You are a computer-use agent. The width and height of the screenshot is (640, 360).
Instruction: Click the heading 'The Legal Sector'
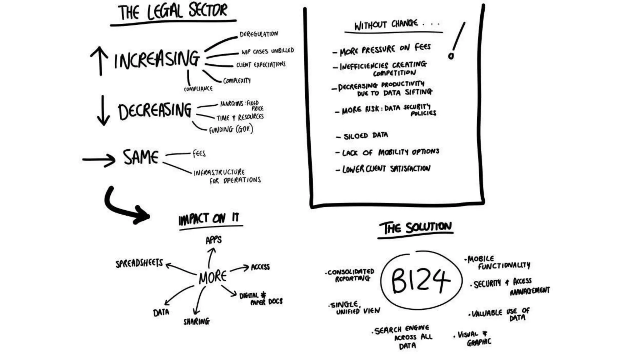[173, 12]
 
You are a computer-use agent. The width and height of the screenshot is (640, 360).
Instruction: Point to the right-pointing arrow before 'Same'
[99, 160]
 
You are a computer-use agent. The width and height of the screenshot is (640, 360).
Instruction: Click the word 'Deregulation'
[258, 34]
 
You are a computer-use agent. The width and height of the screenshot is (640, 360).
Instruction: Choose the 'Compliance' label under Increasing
[198, 89]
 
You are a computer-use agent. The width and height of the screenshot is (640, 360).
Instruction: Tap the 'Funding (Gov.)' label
[231, 129]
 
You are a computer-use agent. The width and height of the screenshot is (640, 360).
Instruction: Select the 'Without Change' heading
[386, 25]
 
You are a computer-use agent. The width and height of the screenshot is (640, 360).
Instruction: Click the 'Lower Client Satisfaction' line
[386, 169]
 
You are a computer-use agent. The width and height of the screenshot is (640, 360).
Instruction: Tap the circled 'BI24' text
[421, 280]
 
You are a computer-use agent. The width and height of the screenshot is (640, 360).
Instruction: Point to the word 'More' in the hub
[212, 277]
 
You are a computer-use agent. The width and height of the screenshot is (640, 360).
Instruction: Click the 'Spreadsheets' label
[139, 263]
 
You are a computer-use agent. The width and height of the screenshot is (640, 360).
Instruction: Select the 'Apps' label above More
[213, 240]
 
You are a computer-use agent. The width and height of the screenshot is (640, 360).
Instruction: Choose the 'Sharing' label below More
[197, 321]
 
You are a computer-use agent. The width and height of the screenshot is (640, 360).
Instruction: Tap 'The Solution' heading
[415, 228]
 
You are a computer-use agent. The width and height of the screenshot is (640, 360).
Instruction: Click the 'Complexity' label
[237, 81]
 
